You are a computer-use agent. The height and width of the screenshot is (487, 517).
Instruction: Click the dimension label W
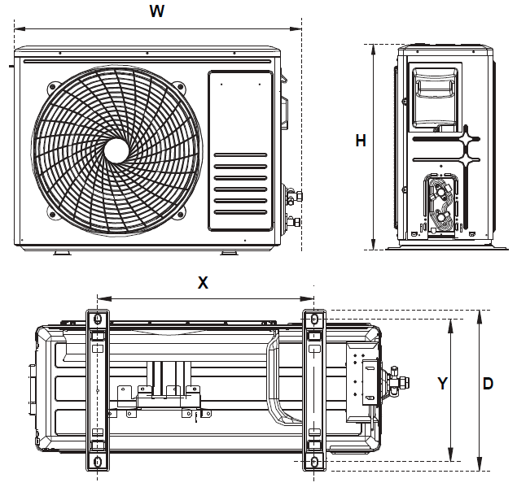click(158, 11)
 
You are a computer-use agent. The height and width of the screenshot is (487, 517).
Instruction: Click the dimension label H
click(361, 141)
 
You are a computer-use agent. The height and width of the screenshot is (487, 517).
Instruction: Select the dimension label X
click(204, 283)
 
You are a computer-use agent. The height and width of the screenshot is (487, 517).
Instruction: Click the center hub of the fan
click(116, 150)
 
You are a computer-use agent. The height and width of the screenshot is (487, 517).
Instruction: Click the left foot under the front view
click(62, 252)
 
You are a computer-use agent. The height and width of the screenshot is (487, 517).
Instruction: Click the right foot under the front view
click(230, 252)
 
